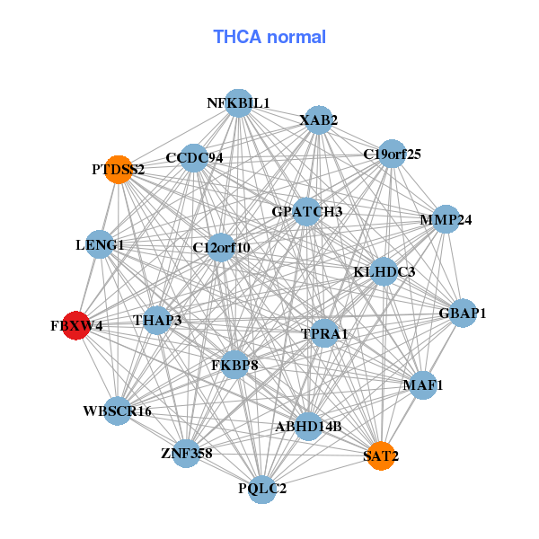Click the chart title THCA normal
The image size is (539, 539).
(x=269, y=37)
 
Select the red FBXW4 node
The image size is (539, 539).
(x=76, y=325)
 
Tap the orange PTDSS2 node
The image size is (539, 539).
(x=119, y=168)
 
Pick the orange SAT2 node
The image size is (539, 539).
(x=381, y=455)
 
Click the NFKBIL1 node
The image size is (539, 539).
(x=238, y=102)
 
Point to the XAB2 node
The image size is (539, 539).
(x=319, y=119)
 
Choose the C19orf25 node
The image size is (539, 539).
(x=392, y=154)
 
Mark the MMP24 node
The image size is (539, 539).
(x=446, y=219)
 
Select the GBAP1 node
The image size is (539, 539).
(x=463, y=314)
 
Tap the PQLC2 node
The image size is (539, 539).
(x=262, y=489)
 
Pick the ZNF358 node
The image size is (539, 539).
(x=187, y=453)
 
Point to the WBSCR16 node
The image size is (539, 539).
(x=118, y=411)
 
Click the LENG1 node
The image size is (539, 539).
(x=100, y=244)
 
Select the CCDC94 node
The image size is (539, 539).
(x=194, y=158)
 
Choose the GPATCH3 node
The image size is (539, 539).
(x=307, y=212)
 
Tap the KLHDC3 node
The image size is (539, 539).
(x=384, y=271)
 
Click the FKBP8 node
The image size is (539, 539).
(x=234, y=365)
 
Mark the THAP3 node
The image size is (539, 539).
(x=157, y=320)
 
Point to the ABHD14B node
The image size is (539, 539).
(x=308, y=426)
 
